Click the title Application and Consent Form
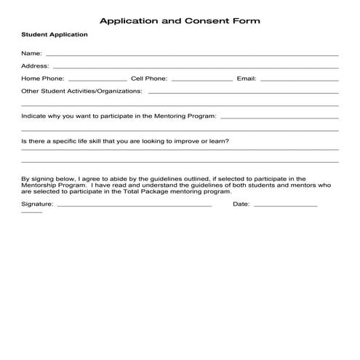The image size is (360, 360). [x=179, y=21]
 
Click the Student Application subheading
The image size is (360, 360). [x=55, y=35]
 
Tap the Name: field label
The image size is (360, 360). [x=31, y=53]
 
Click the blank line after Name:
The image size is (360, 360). [x=191, y=55]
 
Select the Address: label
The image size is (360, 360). [x=35, y=65]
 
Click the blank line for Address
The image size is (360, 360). [x=195, y=68]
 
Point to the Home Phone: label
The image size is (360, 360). [x=43, y=79]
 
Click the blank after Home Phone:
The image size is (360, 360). [x=97, y=80]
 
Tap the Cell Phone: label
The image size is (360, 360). [x=149, y=79]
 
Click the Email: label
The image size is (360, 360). [x=247, y=79]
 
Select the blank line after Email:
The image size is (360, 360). [x=299, y=80]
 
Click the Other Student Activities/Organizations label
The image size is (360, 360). [x=82, y=92]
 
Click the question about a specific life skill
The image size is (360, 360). [x=126, y=141]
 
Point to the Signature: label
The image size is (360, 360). [x=37, y=204]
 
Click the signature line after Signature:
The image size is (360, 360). [x=134, y=207]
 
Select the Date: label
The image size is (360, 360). [x=241, y=204]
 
